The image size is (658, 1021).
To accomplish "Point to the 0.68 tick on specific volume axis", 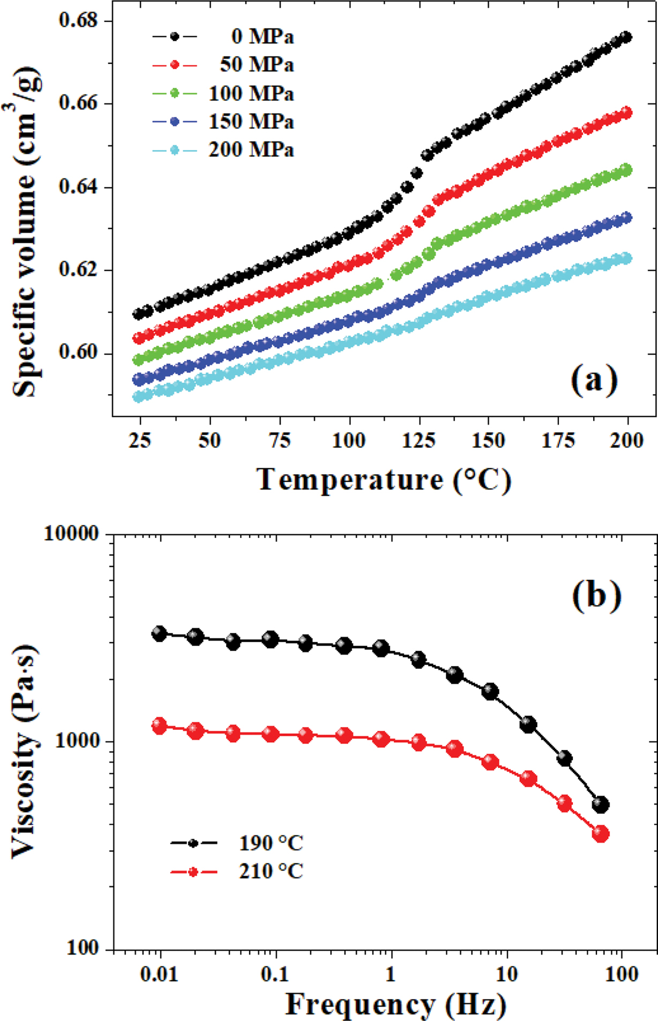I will (x=79, y=21).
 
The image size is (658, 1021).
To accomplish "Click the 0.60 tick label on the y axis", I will (x=79, y=353).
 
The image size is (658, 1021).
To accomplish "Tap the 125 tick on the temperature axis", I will (x=418, y=441).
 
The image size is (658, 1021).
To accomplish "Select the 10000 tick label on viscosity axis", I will (x=71, y=534).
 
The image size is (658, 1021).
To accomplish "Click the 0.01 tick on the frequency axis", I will (x=159, y=973).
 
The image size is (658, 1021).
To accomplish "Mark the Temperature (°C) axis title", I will (x=384, y=479).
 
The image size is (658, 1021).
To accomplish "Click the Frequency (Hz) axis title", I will (x=395, y=1004).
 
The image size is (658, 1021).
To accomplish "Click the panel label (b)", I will (x=596, y=596).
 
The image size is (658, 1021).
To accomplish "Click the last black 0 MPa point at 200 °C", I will (x=626, y=37).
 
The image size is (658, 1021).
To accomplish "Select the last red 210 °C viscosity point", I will (x=601, y=834).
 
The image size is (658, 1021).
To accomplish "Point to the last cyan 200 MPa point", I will (x=626, y=258).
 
